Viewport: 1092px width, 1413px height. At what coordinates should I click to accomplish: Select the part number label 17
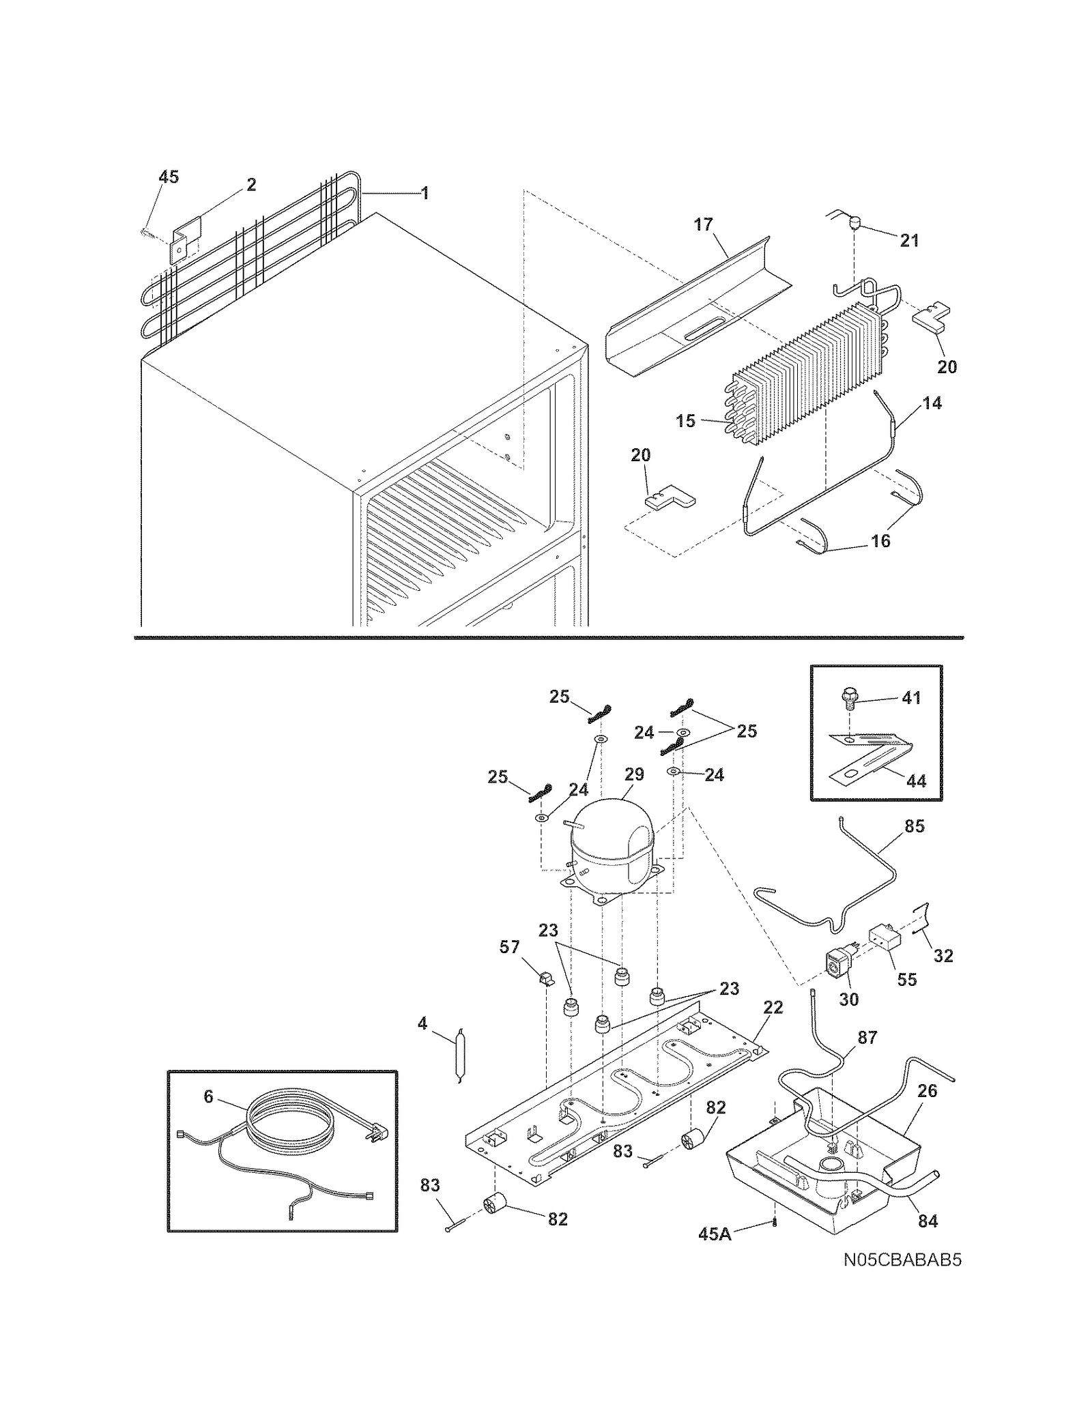click(703, 224)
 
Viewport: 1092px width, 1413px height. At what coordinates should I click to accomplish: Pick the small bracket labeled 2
click(184, 240)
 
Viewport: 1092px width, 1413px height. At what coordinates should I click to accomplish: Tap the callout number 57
click(509, 947)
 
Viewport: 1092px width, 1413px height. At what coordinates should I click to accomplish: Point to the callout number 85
click(914, 826)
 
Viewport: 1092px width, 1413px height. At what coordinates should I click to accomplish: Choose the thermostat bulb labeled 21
click(853, 222)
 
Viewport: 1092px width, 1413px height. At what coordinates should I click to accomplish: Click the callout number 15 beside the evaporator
click(685, 421)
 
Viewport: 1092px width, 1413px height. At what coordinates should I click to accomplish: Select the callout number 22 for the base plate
click(773, 1008)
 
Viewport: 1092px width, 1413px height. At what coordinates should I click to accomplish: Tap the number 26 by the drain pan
click(927, 1091)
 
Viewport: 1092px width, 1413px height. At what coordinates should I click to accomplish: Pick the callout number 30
click(848, 999)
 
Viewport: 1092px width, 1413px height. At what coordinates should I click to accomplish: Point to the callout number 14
click(932, 403)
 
